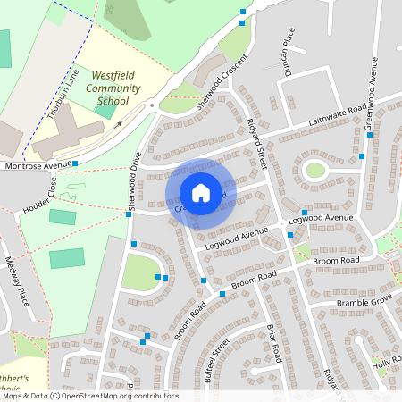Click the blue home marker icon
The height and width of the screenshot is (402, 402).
coord(201,193)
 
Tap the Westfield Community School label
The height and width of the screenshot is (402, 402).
coord(113,88)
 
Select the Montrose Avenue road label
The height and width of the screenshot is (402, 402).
coord(38,165)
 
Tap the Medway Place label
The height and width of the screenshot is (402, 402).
coord(16,280)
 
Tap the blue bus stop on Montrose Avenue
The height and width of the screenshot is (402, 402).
coord(75,163)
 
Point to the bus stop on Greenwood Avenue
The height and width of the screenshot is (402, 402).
coord(362,156)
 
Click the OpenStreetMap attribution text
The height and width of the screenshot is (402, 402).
coord(89,396)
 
